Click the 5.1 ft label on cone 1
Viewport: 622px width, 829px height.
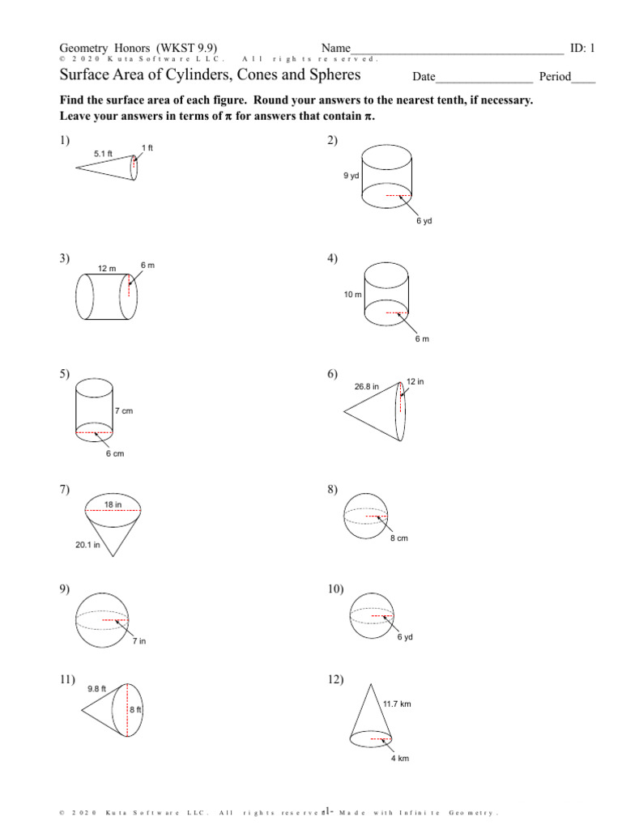coord(103,152)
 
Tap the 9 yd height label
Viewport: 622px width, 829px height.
coord(351,175)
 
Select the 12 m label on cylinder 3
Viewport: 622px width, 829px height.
coord(107,267)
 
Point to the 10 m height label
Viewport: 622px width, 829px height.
coord(352,295)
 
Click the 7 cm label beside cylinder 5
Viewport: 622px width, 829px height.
coord(123,411)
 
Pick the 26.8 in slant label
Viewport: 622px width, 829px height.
coord(366,386)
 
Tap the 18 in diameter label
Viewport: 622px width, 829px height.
coord(113,504)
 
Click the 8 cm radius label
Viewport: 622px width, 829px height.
coord(398,538)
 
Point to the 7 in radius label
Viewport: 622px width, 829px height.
coord(139,641)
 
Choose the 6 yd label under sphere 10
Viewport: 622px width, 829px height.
coord(405,637)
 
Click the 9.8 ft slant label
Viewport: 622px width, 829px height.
coord(97,688)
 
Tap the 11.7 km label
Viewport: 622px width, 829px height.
coord(397,704)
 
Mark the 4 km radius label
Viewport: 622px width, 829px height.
coord(399,758)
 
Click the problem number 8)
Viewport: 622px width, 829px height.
coord(334,490)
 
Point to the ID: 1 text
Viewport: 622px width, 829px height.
coord(582,48)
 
